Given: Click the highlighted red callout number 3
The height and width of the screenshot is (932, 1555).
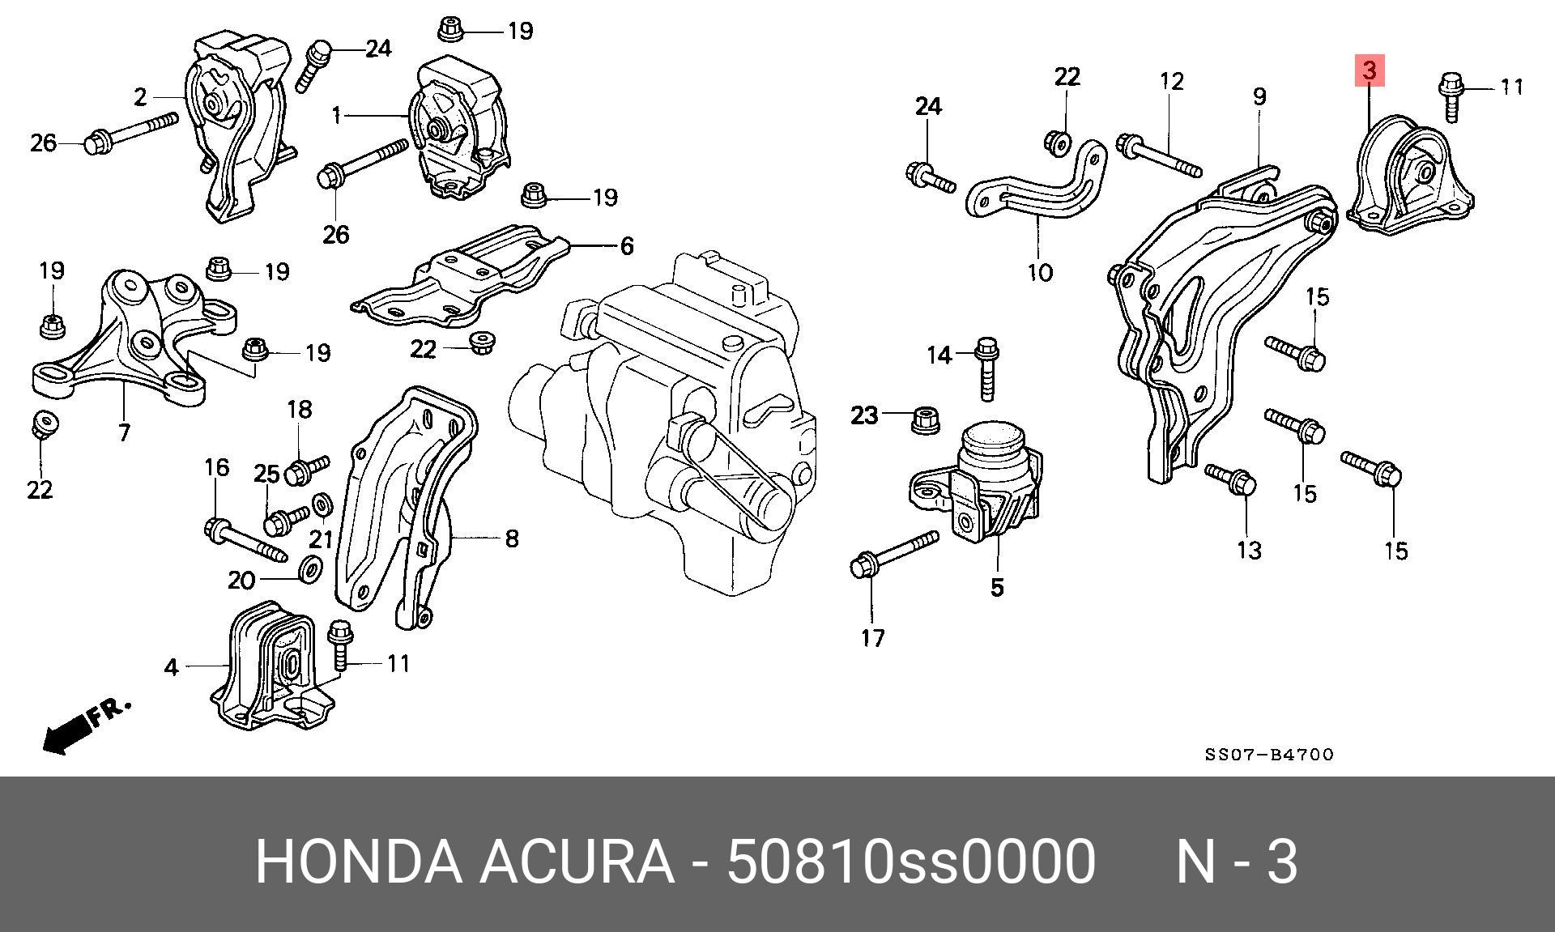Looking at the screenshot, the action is [1369, 70].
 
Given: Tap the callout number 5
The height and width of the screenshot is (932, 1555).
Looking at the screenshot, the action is [997, 587].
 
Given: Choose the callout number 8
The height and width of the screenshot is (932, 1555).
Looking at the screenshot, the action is [511, 538].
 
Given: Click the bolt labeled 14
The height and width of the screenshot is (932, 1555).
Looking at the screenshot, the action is [986, 368].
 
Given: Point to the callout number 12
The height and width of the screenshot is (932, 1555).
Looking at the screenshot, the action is [1171, 81].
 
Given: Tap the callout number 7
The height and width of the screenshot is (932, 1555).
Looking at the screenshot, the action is [123, 433].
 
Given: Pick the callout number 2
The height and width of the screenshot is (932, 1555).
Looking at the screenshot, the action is [141, 97].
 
